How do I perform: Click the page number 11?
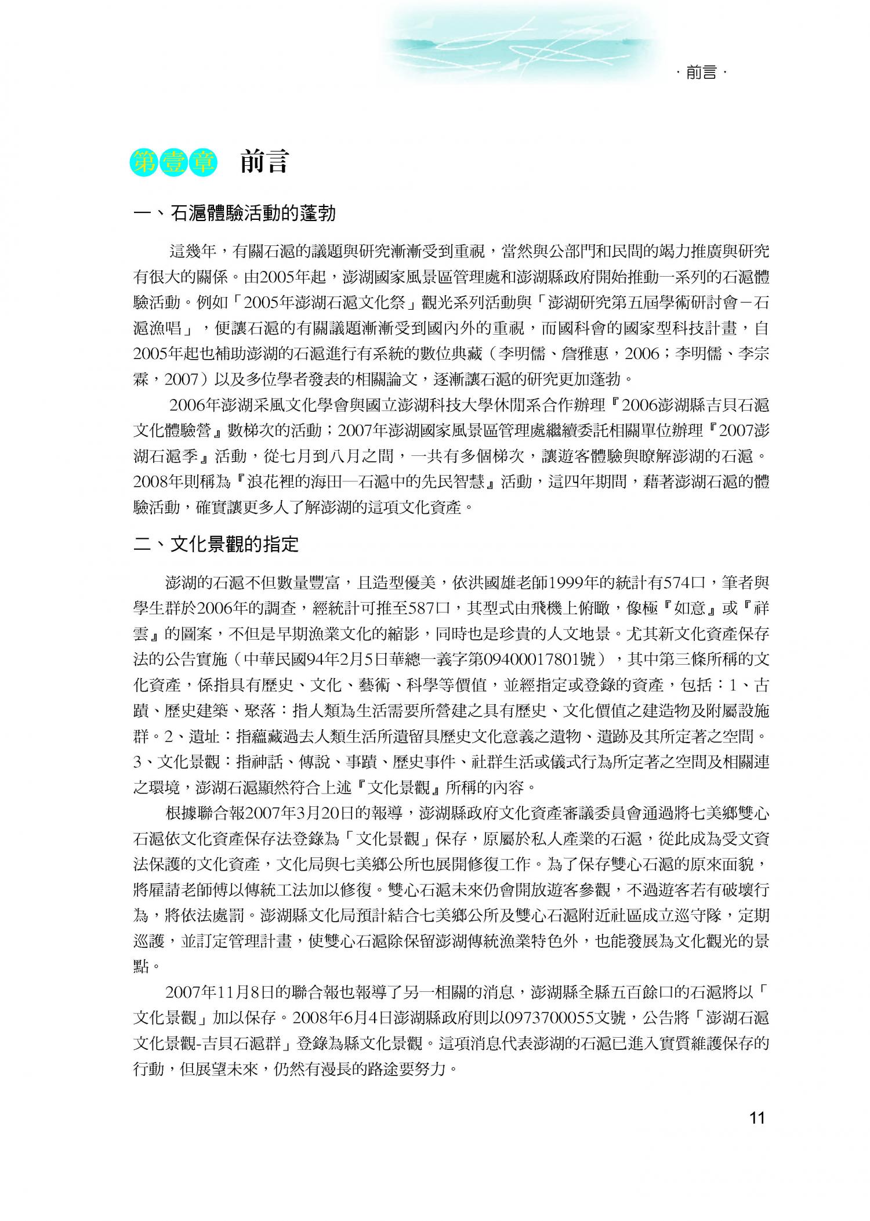tap(757, 1134)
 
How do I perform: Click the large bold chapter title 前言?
tap(264, 162)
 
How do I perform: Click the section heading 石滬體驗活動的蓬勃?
tap(253, 213)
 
